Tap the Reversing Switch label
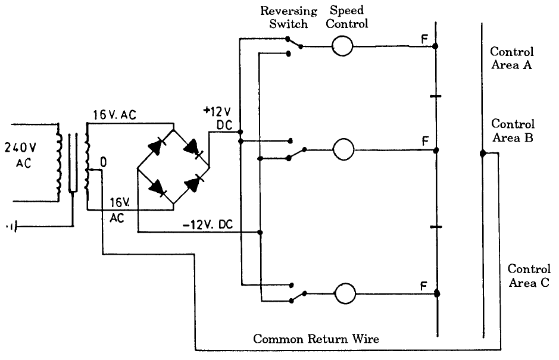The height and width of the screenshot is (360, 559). (x=289, y=18)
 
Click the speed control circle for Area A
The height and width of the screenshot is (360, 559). (x=342, y=46)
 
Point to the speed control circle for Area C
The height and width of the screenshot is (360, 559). (x=345, y=293)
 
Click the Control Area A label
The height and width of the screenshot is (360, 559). (x=511, y=58)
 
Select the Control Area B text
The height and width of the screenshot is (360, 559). (x=513, y=131)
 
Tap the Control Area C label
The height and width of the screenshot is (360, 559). (x=529, y=276)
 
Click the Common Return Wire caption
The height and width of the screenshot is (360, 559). (x=316, y=339)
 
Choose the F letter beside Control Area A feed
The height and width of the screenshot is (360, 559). (x=424, y=40)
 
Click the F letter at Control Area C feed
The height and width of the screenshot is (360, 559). (x=424, y=287)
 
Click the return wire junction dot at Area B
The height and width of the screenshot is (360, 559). (x=483, y=154)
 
